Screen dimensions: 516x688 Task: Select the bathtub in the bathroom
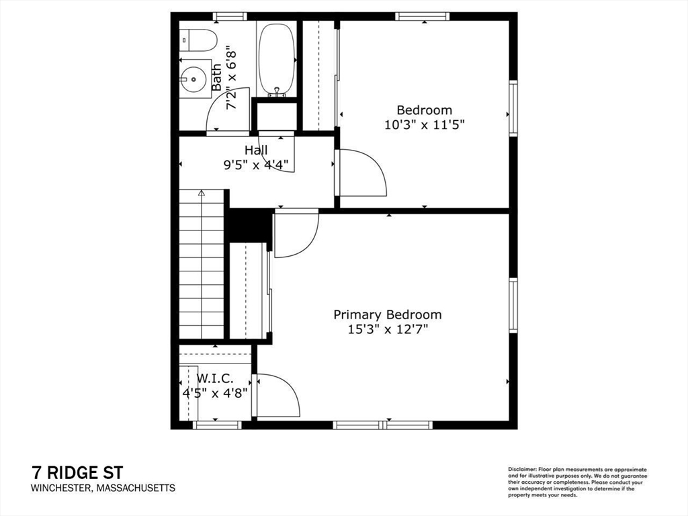click(277, 59)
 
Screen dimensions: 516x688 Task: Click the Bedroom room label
click(424, 110)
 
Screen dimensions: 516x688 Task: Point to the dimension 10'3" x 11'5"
click(424, 124)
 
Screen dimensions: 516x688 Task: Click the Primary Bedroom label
click(388, 314)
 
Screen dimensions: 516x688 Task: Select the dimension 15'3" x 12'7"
click(388, 329)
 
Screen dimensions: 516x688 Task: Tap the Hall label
click(256, 150)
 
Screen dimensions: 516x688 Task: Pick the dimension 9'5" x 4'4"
click(256, 165)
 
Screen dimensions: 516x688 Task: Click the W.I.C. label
click(215, 379)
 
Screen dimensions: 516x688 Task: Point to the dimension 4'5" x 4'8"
click(215, 393)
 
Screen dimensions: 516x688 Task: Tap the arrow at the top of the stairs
click(201, 193)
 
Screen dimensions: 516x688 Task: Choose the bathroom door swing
click(228, 111)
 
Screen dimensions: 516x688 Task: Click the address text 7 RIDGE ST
click(77, 472)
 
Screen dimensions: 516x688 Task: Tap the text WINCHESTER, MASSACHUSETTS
click(103, 488)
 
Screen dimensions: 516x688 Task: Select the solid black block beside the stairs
click(249, 226)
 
